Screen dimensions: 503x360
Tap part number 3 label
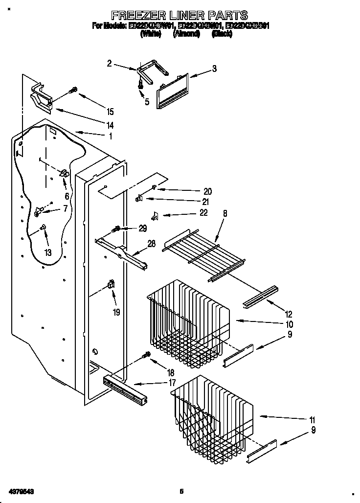214,69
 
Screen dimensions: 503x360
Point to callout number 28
152,244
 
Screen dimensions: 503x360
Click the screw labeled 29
117,228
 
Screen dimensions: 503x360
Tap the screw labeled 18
145,355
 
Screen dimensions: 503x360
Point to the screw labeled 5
141,84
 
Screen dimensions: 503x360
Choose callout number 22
203,213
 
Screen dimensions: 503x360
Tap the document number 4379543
21,490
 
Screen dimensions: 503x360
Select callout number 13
47,252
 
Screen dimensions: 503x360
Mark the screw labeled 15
74,90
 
